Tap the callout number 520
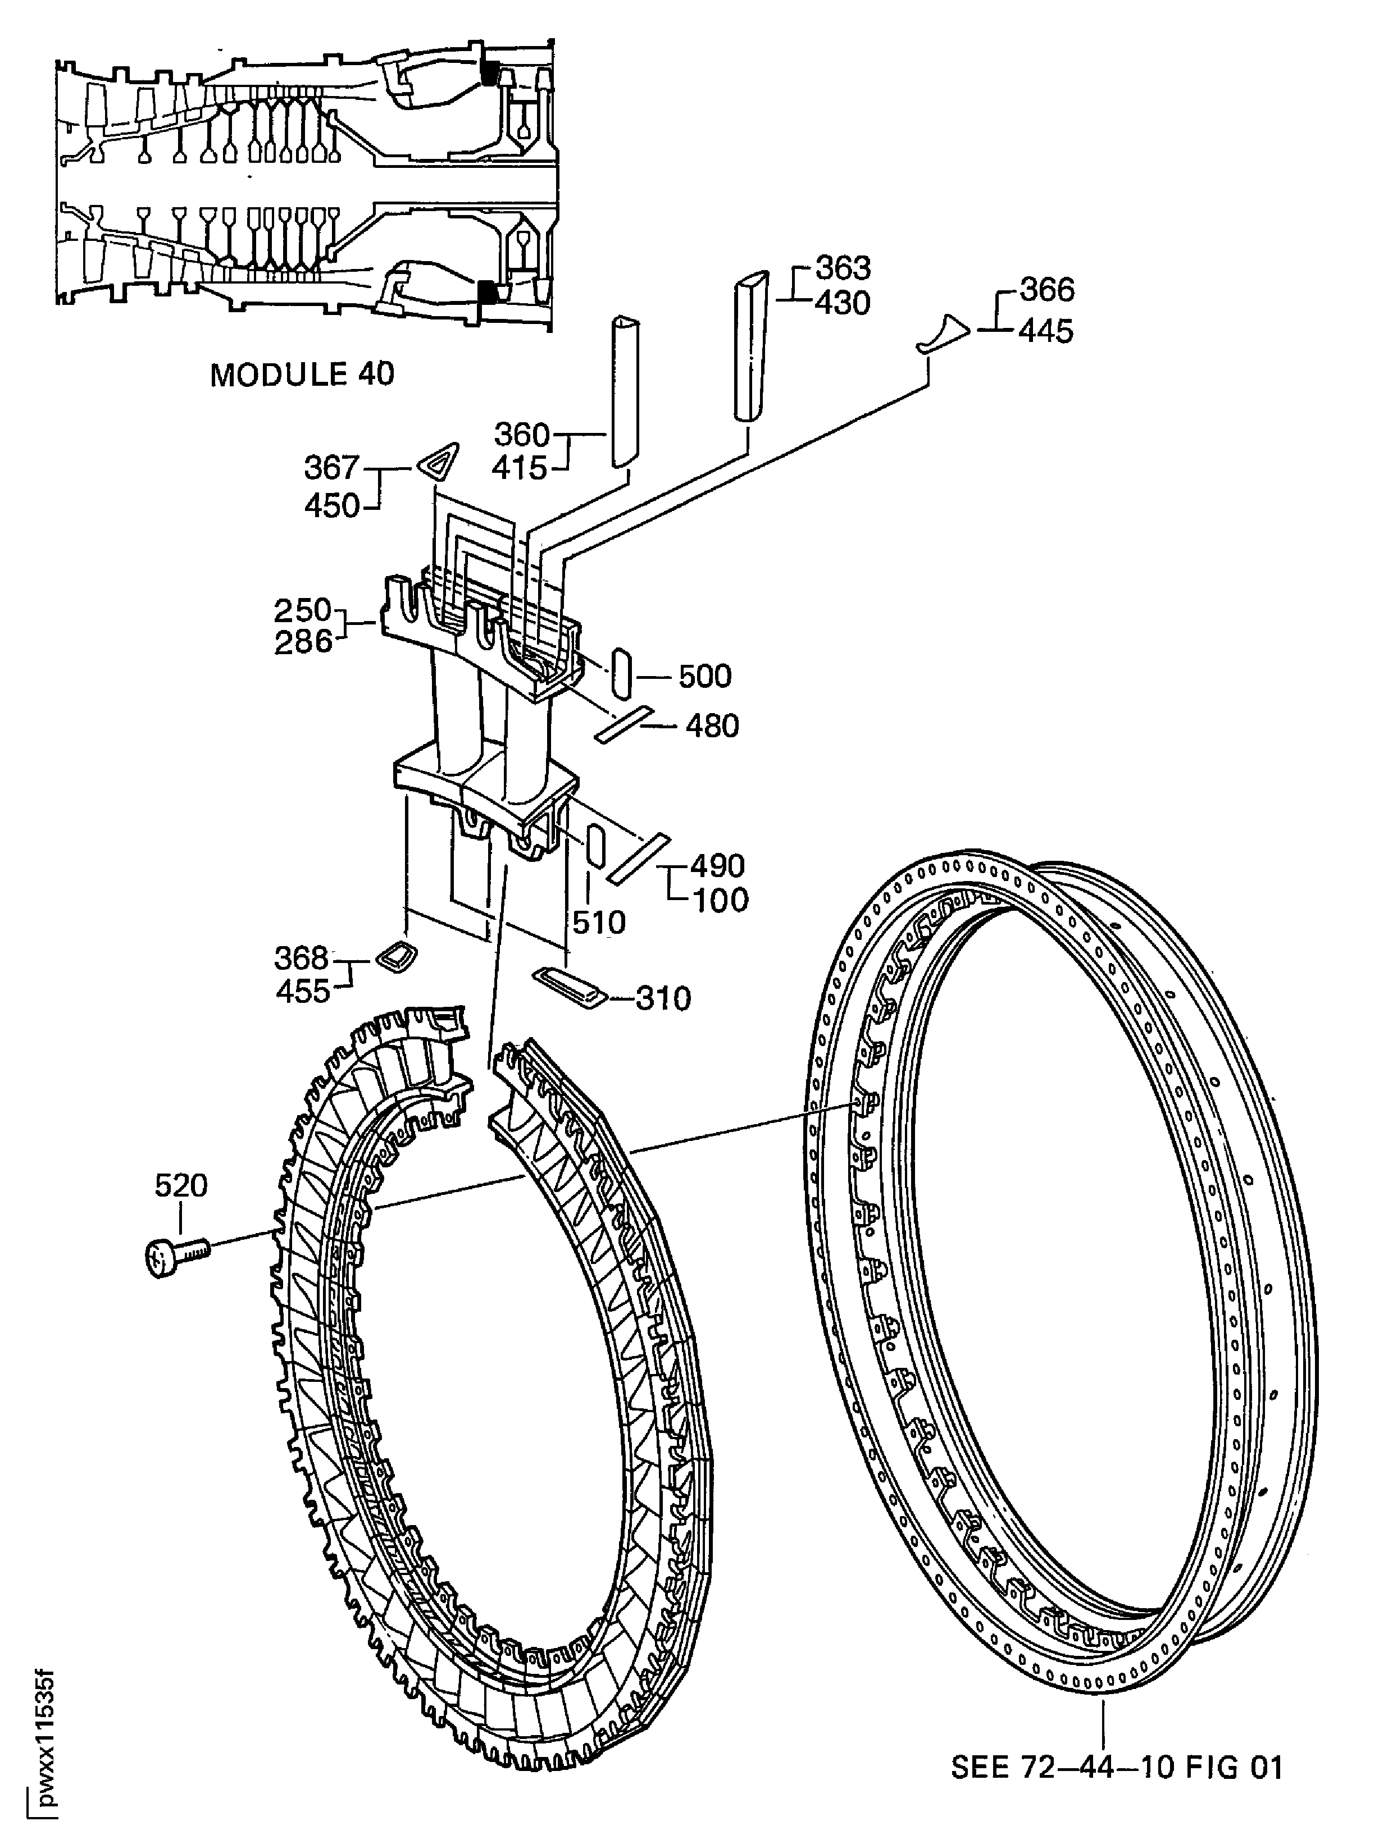click(181, 1185)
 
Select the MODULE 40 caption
click(302, 375)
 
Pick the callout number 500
click(704, 676)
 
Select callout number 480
click(712, 726)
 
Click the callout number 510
click(599, 922)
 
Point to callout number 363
click(843, 268)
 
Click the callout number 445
click(1046, 332)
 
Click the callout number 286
click(303, 642)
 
